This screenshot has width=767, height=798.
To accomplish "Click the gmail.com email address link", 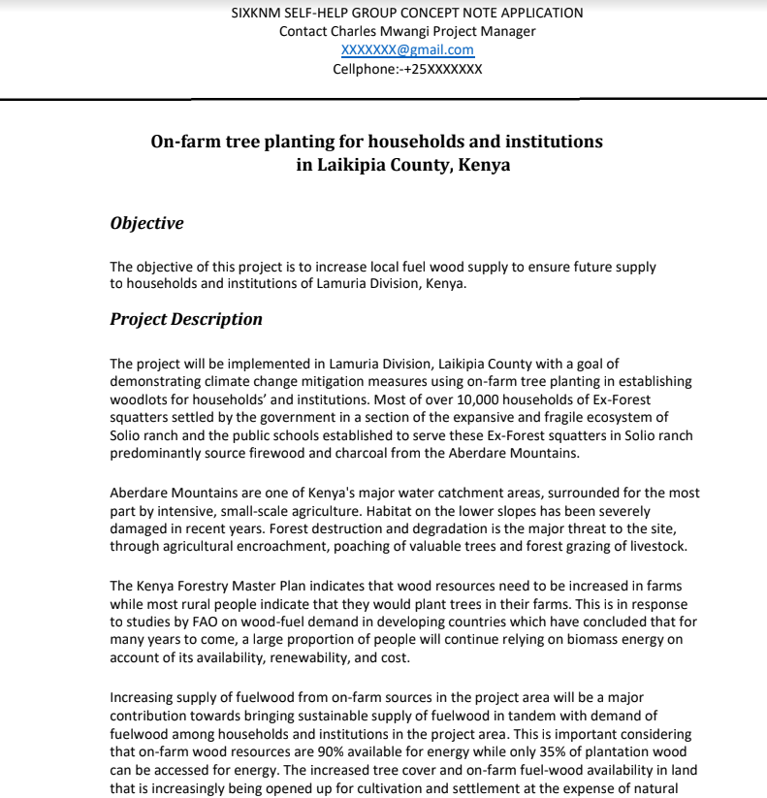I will click(x=407, y=50).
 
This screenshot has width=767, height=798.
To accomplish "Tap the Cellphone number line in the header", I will click(x=407, y=69).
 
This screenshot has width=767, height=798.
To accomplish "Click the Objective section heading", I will click(x=146, y=223).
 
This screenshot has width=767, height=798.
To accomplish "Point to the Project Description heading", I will click(x=186, y=319).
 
